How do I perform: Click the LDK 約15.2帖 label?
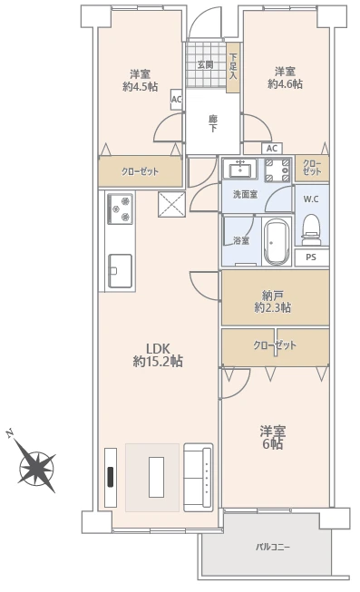coord(158,354)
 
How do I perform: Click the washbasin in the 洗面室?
coord(239,169)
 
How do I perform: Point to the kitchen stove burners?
coord(120,209)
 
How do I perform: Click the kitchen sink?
coord(120,271)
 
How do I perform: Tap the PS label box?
coord(311,257)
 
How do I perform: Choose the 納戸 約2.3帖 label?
coord(272,301)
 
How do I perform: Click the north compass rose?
coord(36,467)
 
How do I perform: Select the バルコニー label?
coord(273,547)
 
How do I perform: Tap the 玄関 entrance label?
coord(205,65)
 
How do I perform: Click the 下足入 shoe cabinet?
coord(233,68)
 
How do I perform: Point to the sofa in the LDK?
coord(198,477)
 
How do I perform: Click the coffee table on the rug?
coord(156,477)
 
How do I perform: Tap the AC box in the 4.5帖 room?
coord(177,100)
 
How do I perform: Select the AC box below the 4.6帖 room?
coord(272,149)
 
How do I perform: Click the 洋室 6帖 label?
coord(272,437)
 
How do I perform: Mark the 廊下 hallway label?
coord(213,124)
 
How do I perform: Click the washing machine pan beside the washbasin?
coord(277,170)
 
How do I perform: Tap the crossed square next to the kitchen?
coord(171,205)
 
